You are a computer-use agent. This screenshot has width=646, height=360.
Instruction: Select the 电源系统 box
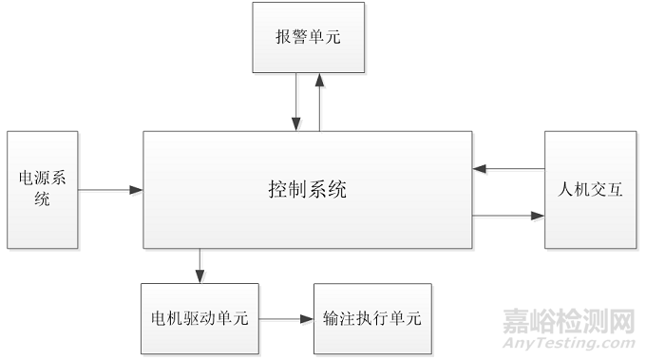42,190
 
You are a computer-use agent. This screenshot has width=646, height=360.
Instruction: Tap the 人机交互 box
589,190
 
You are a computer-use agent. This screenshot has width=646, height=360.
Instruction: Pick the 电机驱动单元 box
199,318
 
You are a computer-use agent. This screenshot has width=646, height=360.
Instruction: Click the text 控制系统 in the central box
307,190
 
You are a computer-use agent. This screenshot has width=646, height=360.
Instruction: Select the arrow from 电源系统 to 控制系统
110,190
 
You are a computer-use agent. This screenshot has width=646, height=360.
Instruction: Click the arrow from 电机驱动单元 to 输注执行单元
286,318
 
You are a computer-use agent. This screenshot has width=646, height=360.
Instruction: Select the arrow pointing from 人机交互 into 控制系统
508,169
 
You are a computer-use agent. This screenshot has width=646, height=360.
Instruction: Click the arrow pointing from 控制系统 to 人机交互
508,217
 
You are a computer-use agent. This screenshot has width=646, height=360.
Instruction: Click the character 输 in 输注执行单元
332,318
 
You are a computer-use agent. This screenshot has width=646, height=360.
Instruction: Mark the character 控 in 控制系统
277,190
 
